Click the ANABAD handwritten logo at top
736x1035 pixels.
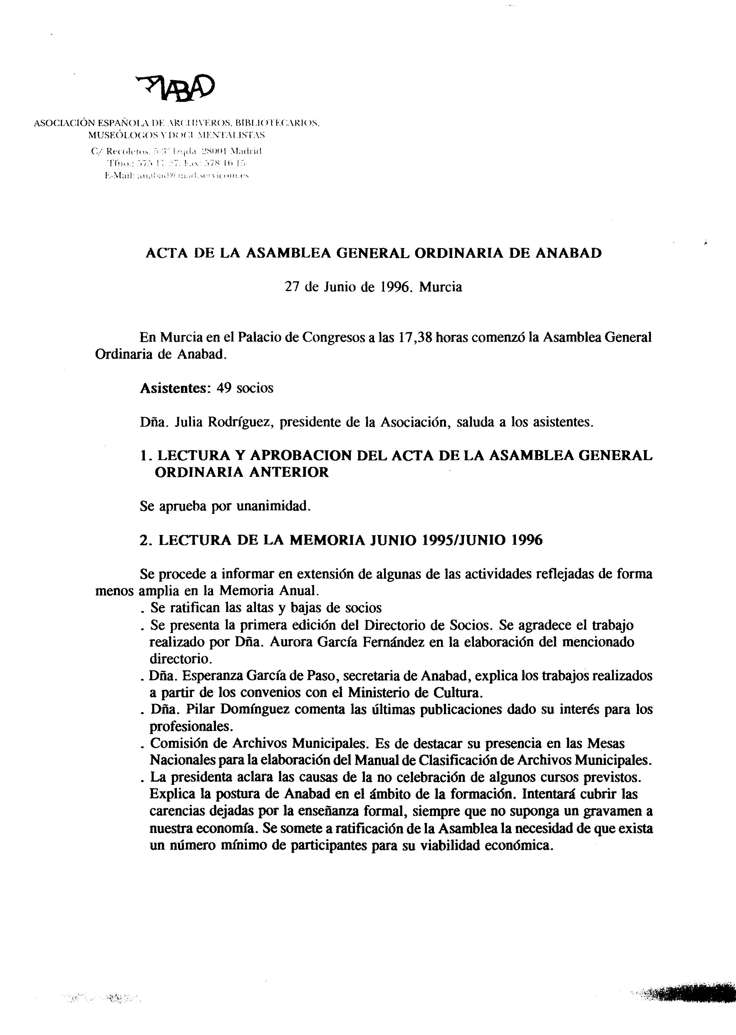pyautogui.click(x=176, y=87)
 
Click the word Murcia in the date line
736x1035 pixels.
pyautogui.click(x=440, y=287)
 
